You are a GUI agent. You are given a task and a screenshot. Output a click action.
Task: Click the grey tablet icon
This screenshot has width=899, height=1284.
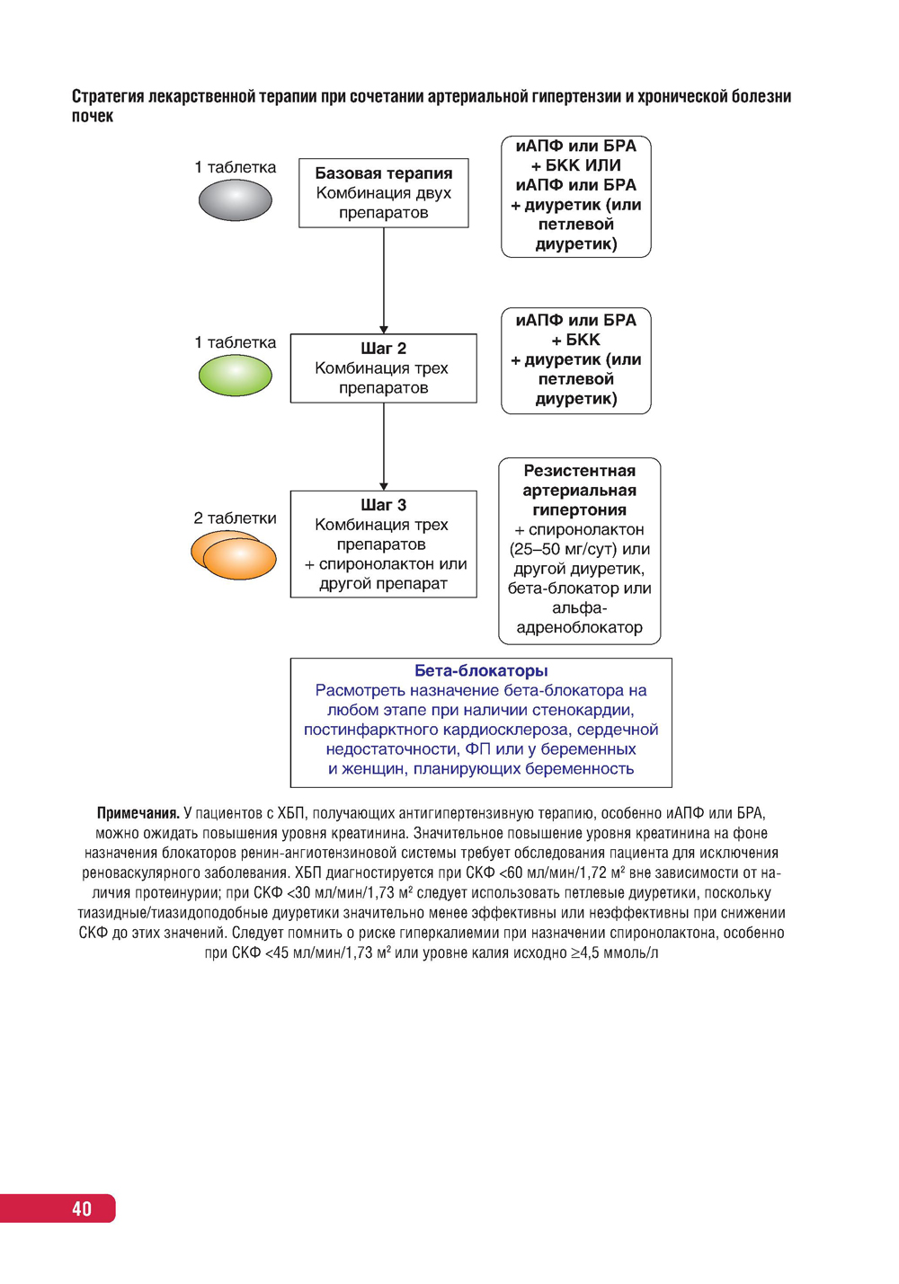click(235, 200)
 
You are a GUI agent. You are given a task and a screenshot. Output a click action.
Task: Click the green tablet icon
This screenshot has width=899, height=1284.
click(235, 376)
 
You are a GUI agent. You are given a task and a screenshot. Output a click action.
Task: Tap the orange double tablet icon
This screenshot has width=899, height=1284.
click(234, 554)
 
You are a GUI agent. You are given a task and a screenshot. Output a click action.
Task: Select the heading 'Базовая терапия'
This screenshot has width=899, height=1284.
click(384, 173)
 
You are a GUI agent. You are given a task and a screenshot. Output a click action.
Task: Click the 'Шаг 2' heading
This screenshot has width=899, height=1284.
click(384, 349)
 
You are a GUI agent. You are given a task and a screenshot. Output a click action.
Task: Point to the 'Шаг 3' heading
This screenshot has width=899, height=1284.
click(384, 505)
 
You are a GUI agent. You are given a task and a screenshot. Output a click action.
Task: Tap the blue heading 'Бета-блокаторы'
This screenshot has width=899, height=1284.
click(481, 671)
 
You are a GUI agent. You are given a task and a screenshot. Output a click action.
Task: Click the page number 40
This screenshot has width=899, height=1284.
click(82, 1209)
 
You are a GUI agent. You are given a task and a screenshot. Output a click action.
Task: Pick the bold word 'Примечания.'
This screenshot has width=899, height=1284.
click(138, 813)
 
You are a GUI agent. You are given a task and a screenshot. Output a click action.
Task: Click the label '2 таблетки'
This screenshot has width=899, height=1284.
click(236, 518)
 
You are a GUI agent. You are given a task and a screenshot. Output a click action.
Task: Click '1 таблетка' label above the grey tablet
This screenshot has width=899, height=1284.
click(236, 167)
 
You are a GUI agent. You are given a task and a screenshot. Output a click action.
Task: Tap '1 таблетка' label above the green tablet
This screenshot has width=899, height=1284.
click(236, 342)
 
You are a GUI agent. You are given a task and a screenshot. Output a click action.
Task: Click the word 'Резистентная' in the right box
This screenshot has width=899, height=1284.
click(580, 471)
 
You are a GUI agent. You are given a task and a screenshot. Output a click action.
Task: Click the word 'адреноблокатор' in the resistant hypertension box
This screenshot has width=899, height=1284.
click(580, 627)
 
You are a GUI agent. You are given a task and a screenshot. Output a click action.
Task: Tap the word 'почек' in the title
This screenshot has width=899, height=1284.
click(93, 116)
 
